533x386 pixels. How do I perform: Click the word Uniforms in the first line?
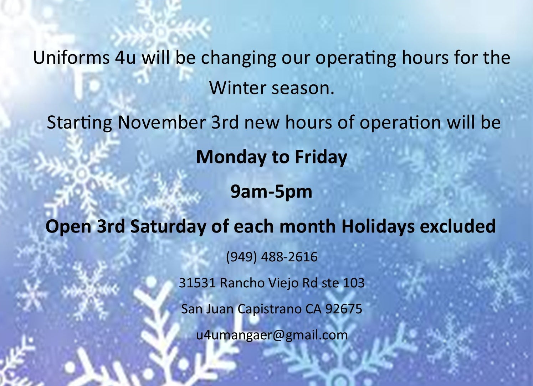tap(71, 57)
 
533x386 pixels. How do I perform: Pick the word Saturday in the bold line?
tap(168, 226)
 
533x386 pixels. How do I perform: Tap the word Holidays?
tap(378, 226)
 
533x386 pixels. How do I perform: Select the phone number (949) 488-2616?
tap(272, 257)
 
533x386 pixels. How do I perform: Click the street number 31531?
tap(197, 283)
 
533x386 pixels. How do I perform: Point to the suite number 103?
tap(354, 283)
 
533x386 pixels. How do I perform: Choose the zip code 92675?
tap(344, 309)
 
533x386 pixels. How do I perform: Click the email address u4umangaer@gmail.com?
tap(272, 335)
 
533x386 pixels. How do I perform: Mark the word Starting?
tap(80, 122)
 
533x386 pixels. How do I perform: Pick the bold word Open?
tap(68, 227)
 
